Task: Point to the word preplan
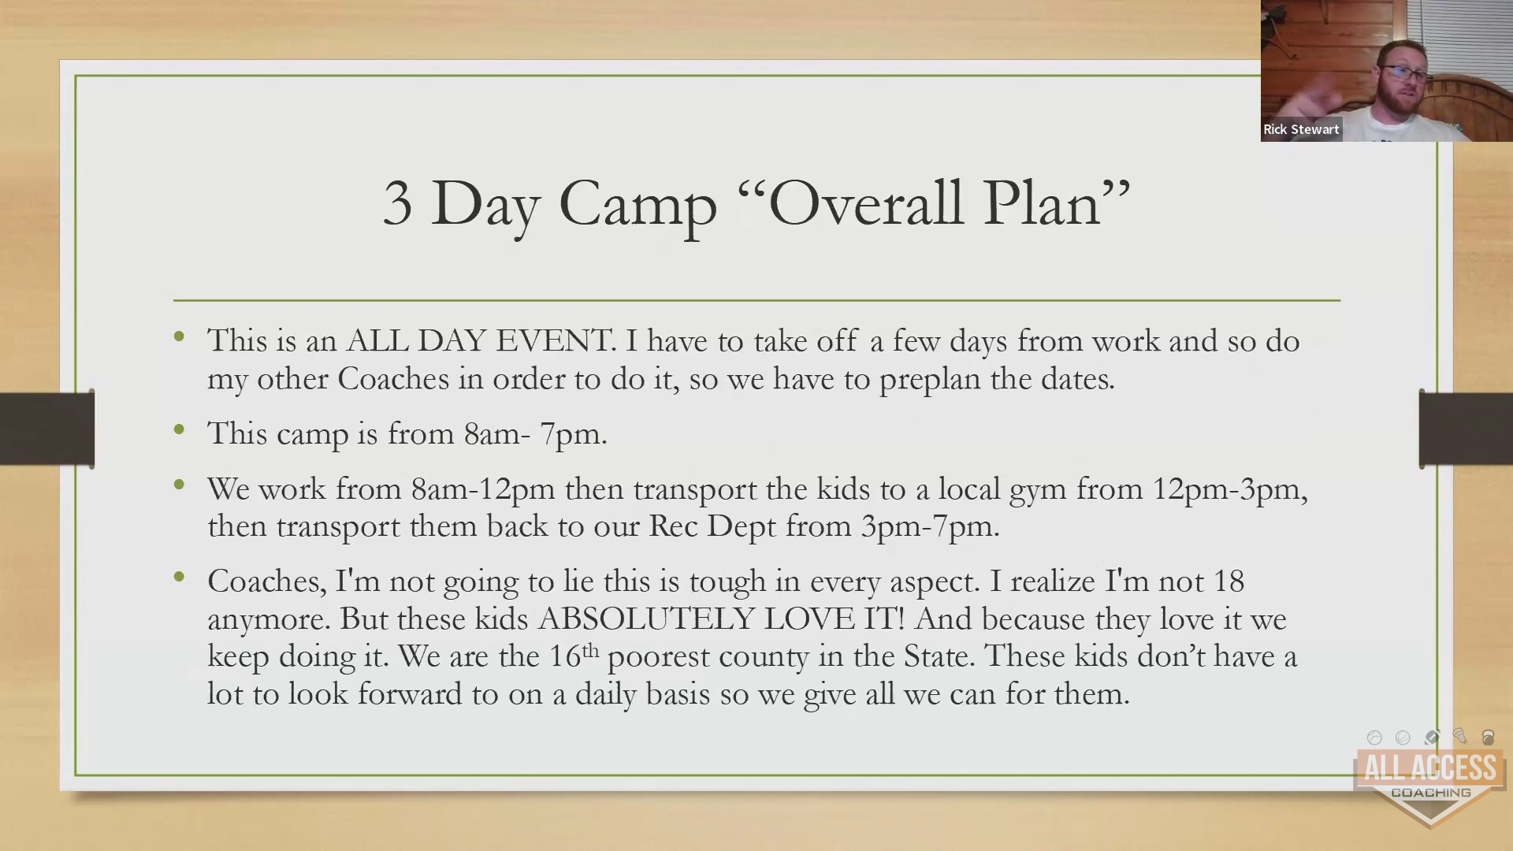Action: coord(930,381)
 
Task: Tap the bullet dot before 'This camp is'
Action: coord(180,430)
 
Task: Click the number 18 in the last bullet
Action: coord(1229,582)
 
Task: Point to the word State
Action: coord(936,656)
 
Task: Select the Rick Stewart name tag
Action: coord(1301,129)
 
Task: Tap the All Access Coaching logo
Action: coord(1429,779)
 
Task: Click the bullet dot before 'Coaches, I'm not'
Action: coord(180,578)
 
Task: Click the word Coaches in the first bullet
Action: coord(393,379)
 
